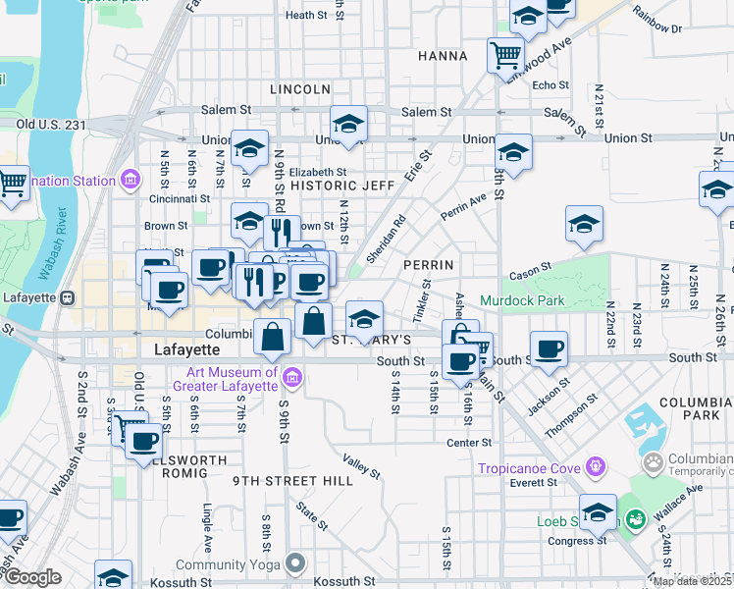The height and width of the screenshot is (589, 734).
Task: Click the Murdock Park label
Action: [x=522, y=300]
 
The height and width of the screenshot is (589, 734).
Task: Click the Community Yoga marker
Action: [x=295, y=562]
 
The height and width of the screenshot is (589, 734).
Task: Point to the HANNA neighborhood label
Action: [x=443, y=56]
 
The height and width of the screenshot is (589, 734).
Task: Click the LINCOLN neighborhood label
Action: [x=299, y=89]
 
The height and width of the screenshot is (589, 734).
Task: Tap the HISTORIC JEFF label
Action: [x=342, y=185]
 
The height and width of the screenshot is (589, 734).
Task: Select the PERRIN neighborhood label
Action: [x=429, y=265]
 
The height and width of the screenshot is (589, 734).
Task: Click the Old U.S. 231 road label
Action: [x=51, y=125]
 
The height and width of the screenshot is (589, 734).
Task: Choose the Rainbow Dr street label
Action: [x=657, y=17]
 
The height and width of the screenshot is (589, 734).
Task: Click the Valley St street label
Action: [x=361, y=465]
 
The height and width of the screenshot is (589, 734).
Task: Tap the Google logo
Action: [x=32, y=578]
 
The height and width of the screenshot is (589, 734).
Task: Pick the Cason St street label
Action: [x=532, y=266]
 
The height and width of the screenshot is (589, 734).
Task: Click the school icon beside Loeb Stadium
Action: [x=598, y=510]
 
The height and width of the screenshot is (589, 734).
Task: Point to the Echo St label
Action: [x=544, y=85]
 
